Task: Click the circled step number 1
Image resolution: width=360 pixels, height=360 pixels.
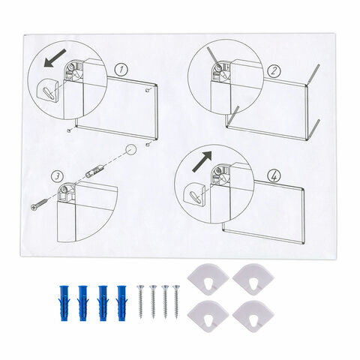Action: [x=121, y=69]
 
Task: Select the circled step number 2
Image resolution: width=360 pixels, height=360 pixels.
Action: [x=274, y=70]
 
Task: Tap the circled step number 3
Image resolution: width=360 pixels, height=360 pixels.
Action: [x=57, y=176]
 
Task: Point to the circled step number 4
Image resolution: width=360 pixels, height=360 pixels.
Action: [x=274, y=176]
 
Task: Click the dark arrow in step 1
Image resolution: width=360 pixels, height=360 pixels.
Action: [x=55, y=58]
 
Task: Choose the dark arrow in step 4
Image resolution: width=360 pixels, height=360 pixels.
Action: [x=202, y=161]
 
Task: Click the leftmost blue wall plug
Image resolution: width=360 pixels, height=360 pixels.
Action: [x=64, y=303]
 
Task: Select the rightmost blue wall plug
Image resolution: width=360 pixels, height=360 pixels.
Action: [x=121, y=303]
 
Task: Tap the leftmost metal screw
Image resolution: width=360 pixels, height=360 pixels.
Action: [x=140, y=301]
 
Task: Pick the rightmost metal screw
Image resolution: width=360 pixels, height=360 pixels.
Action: [x=176, y=301]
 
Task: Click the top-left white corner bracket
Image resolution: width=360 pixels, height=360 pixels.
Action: [x=208, y=280]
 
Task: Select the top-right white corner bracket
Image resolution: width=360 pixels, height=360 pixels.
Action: [x=253, y=280]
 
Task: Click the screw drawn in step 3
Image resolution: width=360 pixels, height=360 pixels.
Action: [x=39, y=204]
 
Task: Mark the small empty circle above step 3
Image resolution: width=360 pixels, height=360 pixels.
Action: [x=130, y=150]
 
